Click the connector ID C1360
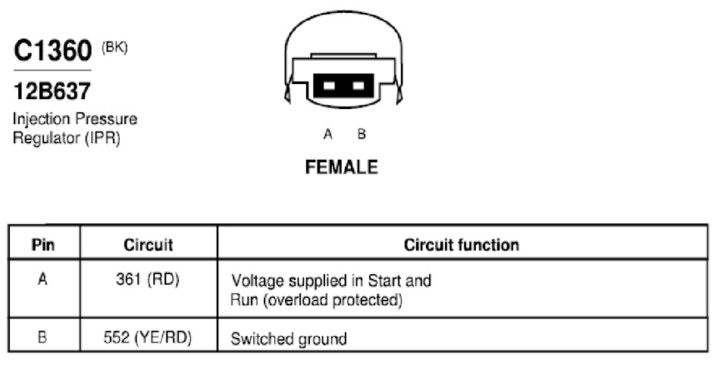[53, 50]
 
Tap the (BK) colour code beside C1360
[114, 48]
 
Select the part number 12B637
[52, 92]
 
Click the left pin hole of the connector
[329, 86]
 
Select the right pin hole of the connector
[358, 86]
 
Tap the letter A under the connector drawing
[327, 134]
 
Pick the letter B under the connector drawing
[362, 134]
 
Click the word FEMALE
[342, 167]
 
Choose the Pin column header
[43, 245]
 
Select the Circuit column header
[148, 245]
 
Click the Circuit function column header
[462, 245]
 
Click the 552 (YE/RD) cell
[147, 338]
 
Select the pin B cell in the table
[42, 338]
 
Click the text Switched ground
[289, 339]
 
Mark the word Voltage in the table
[258, 280]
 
